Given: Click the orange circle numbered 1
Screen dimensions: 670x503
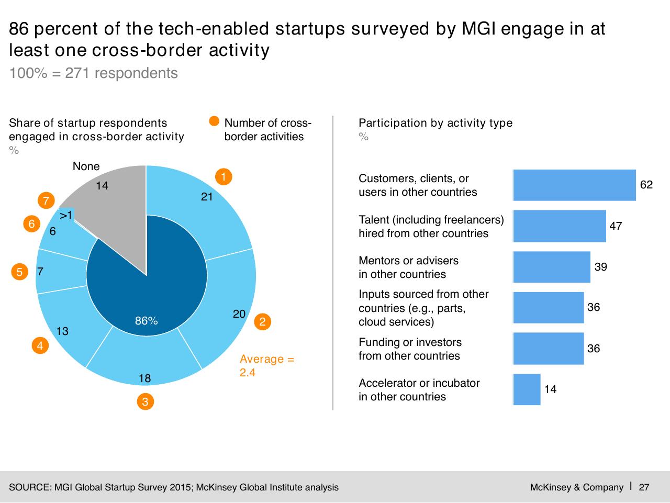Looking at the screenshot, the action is coord(224,177).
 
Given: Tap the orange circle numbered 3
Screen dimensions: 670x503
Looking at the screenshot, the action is coord(146,401).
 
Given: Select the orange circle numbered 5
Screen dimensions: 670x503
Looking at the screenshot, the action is coord(19,272).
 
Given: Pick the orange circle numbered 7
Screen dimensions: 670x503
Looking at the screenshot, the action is coord(46,200).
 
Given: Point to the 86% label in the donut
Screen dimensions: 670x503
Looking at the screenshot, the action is coord(146,320).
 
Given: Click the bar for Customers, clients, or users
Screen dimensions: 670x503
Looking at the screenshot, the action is coord(574,185).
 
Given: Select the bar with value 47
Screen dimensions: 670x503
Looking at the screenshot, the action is coord(560,226).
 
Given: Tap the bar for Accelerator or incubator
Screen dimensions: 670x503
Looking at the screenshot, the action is coord(527,389).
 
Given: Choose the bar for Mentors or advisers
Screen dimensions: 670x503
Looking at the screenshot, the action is coord(552,267).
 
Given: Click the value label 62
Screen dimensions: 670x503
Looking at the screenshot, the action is coord(646,185).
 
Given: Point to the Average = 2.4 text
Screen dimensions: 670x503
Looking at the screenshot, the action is coord(267,366).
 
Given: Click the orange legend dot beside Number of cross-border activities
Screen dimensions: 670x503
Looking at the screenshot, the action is coord(214,121).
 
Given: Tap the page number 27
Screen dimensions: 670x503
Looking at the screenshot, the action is coord(644,487).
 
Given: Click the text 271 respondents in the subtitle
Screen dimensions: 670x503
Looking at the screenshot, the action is coord(121,73).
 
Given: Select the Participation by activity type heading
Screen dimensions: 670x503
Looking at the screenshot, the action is coord(435,122).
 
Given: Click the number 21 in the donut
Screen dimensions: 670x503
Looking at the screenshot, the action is coord(207,197).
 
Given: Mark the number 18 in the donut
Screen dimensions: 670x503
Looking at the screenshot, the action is coord(144,378).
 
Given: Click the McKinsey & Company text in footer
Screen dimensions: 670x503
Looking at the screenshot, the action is coord(577,487).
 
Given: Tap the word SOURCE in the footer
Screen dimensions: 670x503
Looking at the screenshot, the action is coord(30,487).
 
